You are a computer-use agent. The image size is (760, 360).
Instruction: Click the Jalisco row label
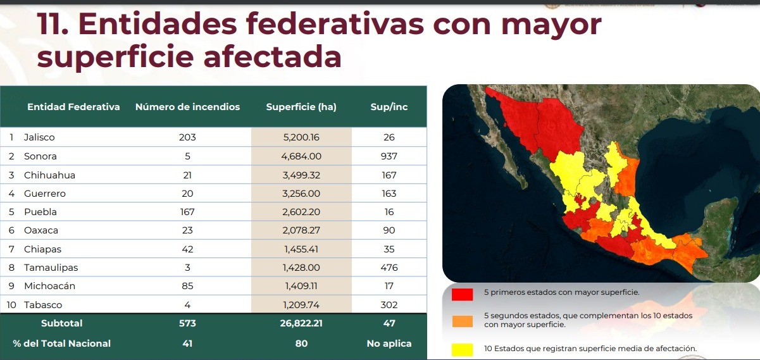click(39, 137)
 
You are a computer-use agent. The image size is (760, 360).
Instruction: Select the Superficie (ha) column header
click(301, 107)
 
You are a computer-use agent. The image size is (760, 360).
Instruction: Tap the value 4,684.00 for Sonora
click(301, 156)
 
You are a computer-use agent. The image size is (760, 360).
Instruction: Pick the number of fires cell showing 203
click(187, 137)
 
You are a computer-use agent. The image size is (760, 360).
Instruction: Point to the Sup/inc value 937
click(389, 156)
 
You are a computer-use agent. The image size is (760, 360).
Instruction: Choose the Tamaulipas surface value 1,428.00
click(301, 268)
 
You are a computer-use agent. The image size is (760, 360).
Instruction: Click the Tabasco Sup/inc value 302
click(389, 304)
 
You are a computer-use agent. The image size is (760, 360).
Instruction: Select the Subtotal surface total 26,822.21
click(301, 323)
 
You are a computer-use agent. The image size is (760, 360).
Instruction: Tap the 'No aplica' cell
click(389, 344)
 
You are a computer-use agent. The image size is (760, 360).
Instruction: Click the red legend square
click(463, 294)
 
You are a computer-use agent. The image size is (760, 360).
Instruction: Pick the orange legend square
click(463, 320)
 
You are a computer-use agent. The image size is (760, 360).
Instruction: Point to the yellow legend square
click(463, 349)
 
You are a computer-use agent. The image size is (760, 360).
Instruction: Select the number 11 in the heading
click(51, 24)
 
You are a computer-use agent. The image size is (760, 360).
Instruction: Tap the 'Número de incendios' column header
click(187, 107)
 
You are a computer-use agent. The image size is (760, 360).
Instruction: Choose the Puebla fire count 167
click(187, 212)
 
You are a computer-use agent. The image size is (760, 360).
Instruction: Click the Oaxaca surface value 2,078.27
click(301, 230)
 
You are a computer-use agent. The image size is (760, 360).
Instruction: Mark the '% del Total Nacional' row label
click(61, 344)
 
